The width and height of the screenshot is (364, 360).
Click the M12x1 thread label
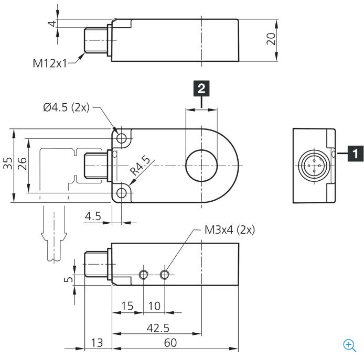pos(50,63)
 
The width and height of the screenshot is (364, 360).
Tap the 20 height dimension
pos(271,39)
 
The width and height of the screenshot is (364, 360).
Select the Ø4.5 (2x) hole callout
pos(67,107)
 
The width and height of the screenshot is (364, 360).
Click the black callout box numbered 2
pos(201,89)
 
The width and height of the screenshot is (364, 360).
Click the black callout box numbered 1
pos(356,154)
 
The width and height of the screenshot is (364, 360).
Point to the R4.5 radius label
pos(140,166)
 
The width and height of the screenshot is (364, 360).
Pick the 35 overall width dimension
pos(8,163)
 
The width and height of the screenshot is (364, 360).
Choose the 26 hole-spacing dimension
pos(22,163)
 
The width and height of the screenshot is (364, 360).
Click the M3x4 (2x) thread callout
pos(230,230)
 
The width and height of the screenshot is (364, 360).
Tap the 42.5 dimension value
pos(158,328)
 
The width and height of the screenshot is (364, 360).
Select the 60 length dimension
pos(170,343)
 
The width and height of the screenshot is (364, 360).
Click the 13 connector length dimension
pos(97,343)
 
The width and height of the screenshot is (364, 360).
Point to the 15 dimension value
pos(127,306)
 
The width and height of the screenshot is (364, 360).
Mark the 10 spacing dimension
pos(154,306)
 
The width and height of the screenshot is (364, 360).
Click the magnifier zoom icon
pos(349,345)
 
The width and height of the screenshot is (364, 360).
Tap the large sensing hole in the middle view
pos(201,166)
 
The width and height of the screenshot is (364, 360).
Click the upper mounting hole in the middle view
pos(121,139)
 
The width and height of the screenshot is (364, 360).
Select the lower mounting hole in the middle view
pos(121,193)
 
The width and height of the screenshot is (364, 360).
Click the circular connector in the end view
pos(314,166)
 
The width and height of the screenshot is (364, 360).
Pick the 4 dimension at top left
pos(53,24)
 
